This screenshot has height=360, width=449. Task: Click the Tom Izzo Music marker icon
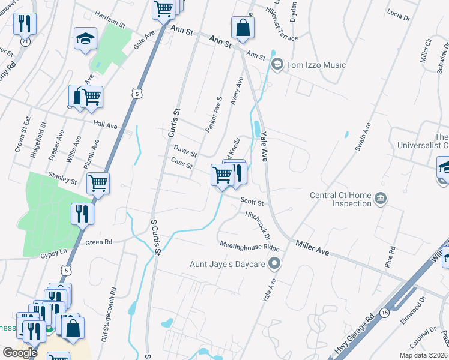tap(277, 64)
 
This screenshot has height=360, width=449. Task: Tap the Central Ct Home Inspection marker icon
tap(380, 199)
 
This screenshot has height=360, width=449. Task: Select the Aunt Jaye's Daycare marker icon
tap(274, 263)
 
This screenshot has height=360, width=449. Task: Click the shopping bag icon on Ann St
tap(243, 28)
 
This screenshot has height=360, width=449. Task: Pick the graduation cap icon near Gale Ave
tap(85, 39)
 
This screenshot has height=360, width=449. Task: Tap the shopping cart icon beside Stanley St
tap(98, 183)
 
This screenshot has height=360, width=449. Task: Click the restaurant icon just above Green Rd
tap(82, 214)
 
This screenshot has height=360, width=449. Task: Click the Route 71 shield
tap(25, 43)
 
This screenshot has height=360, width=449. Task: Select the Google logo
tap(20, 352)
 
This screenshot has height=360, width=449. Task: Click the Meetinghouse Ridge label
tap(249, 246)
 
